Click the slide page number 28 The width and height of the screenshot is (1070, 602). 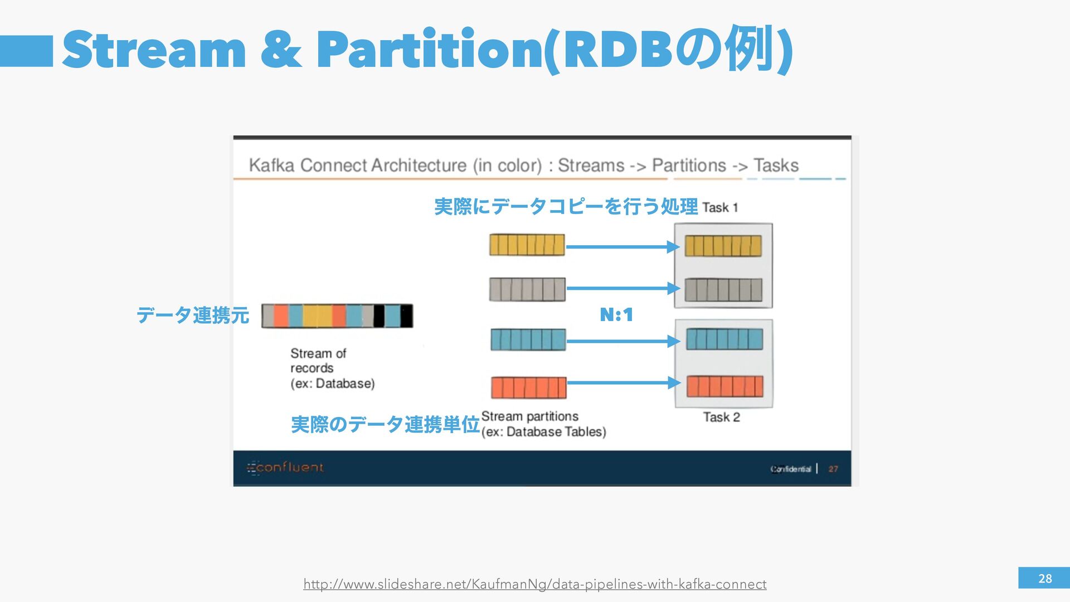tap(1044, 579)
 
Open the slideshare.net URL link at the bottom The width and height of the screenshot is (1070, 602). tap(534, 584)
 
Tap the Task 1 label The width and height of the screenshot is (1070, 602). tap(720, 208)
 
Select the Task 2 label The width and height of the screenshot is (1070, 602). tap(721, 417)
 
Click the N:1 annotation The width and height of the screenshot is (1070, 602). tap(616, 315)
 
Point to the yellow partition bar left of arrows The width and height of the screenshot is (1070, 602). tap(527, 245)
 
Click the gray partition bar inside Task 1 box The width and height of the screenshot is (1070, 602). tap(723, 290)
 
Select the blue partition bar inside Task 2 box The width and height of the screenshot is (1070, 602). tap(724, 339)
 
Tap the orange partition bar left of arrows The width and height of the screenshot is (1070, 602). tap(528, 387)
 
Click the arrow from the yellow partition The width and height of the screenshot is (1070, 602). tap(622, 246)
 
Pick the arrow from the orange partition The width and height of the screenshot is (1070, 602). tap(623, 382)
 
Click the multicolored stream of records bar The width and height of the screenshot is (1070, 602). tap(337, 316)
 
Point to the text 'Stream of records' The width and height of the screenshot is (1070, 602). tap(318, 361)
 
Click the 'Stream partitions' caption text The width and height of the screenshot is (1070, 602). tap(529, 416)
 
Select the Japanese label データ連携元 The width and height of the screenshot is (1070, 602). tap(192, 315)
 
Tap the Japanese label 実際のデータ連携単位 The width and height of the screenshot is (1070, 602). tap(385, 425)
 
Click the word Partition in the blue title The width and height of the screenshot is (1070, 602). tap(430, 50)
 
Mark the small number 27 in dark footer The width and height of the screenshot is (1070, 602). tap(833, 469)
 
